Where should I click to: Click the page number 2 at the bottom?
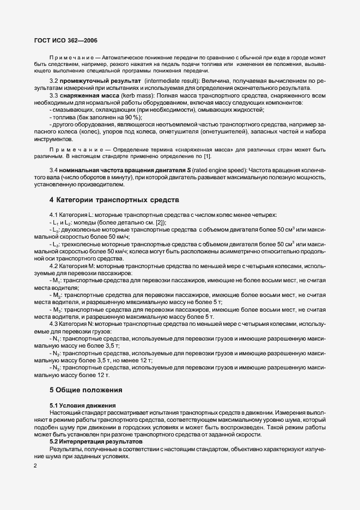click(x=35, y=466)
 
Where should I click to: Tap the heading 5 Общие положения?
click(x=86, y=390)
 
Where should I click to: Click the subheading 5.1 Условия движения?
click(x=82, y=405)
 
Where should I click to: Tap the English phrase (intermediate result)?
click(x=174, y=81)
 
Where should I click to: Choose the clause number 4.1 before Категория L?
click(x=54, y=215)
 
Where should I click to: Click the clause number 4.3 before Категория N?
click(x=54, y=324)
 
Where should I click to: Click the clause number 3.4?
click(x=54, y=170)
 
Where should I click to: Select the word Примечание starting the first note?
click(x=68, y=57)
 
